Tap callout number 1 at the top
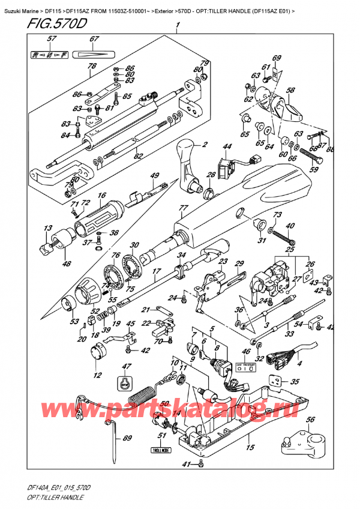click(x=177, y=26)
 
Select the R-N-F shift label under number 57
click(x=50, y=55)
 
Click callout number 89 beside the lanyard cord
click(x=126, y=438)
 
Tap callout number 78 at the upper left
click(x=92, y=67)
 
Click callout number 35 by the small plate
click(x=295, y=381)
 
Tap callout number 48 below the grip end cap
click(x=65, y=264)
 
